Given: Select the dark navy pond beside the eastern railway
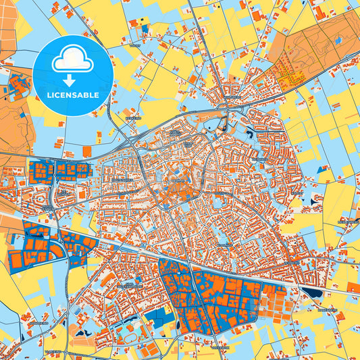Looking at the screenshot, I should [x=312, y=293].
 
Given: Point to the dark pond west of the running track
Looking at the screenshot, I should [x=82, y=333].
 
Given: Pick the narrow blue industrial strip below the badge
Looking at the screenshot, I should [x=59, y=169].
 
